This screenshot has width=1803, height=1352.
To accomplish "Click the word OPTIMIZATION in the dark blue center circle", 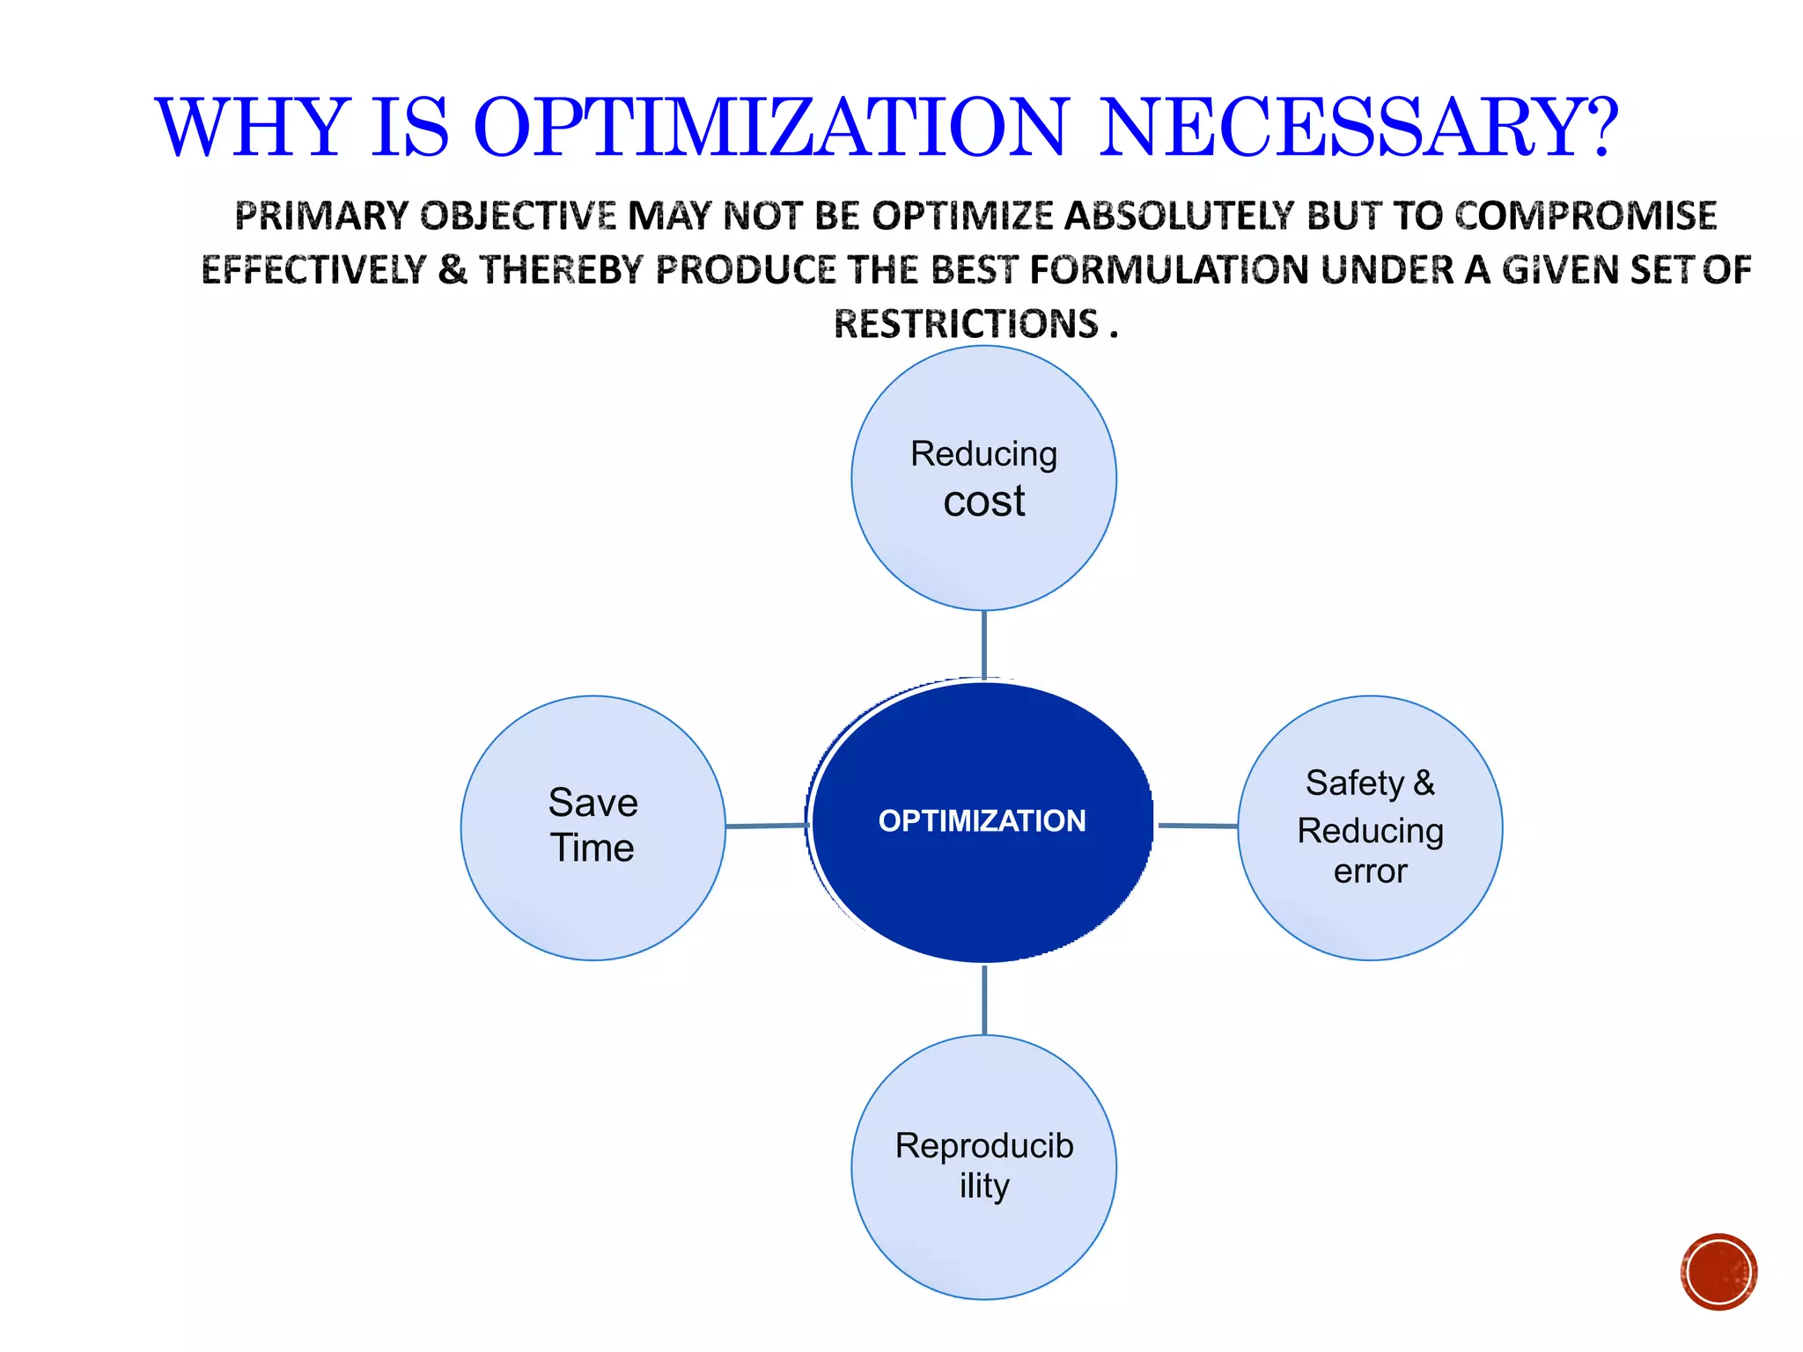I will tap(982, 820).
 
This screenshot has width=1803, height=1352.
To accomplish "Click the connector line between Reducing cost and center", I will tap(983, 645).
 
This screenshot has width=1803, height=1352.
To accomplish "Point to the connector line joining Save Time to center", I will tap(766, 826).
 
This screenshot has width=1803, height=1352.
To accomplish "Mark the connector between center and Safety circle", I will tap(1197, 826).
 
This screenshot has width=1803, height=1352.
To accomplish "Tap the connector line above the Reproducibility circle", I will tap(983, 1000).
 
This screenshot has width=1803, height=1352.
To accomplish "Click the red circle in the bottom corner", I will tap(1718, 1272).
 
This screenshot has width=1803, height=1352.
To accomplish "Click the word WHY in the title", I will tap(253, 129).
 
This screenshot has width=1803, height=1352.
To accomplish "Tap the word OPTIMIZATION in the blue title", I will tap(770, 129).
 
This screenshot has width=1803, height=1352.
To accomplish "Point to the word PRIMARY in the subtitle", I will tap(321, 216).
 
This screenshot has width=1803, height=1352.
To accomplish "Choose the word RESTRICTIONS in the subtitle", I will tap(966, 324).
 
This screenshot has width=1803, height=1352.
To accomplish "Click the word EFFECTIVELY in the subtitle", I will tap(313, 269).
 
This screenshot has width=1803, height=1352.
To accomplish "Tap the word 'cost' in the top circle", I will tap(983, 502).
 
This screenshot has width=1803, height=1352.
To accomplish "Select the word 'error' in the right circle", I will tap(1370, 871).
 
